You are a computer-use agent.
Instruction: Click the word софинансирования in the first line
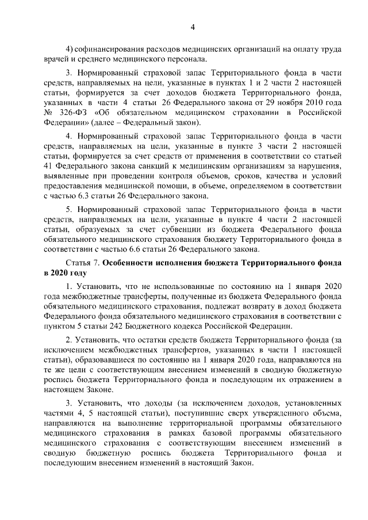tap(107, 49)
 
